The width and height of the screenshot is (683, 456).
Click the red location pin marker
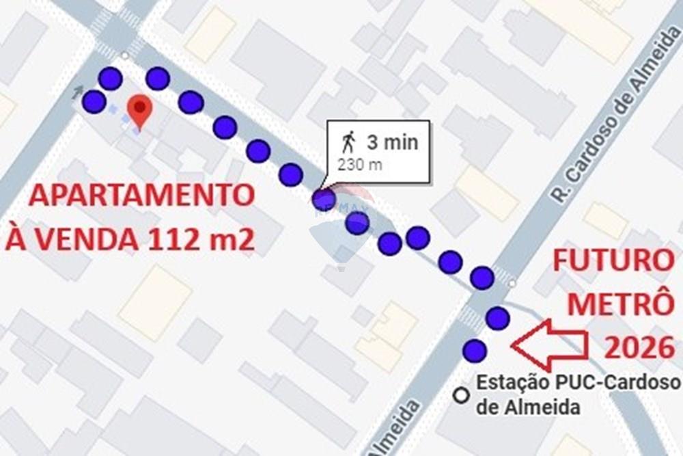coord(140,110)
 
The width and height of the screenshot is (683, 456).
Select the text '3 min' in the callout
coord(392,142)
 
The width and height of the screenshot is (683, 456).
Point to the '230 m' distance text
coord(359,164)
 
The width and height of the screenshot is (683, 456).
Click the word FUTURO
coord(612,261)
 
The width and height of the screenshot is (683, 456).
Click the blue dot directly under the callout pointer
coord(324,200)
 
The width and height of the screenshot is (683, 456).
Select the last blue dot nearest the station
coord(474,351)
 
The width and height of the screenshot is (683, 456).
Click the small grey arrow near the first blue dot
coord(79,90)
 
